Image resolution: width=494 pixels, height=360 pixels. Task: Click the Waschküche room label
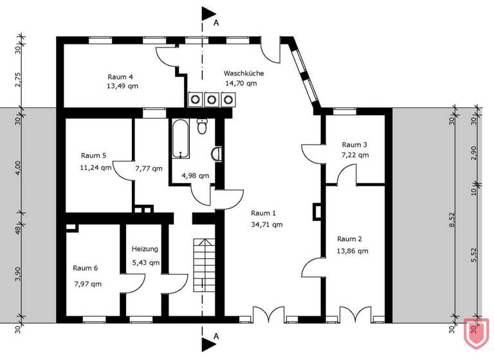[244, 73]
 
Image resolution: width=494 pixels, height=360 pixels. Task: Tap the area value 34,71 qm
[266, 224]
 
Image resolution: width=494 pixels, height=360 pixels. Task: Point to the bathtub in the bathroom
[181, 138]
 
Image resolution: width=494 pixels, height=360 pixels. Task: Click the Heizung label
[145, 249]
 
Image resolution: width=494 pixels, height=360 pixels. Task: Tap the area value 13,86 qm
[352, 250]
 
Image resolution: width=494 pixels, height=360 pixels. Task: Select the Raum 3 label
[354, 145]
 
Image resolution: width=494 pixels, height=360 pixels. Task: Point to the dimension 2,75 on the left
[19, 78]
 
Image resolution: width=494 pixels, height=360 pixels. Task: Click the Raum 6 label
[85, 268]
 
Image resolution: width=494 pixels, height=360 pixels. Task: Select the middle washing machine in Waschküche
[211, 100]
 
